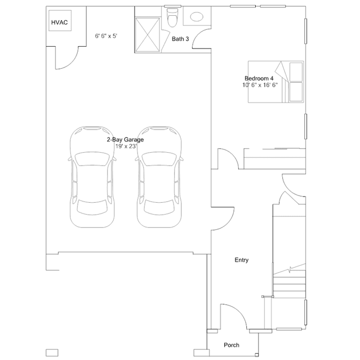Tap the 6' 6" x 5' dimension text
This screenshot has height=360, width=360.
[x=105, y=35]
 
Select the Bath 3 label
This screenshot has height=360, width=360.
[x=180, y=39]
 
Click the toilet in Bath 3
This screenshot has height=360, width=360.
[x=173, y=18]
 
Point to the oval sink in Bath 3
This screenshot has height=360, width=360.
[x=197, y=17]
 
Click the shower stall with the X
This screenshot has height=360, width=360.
[x=148, y=34]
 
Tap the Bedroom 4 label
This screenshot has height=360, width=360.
[x=259, y=78]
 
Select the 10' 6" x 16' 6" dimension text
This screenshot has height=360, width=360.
[x=260, y=85]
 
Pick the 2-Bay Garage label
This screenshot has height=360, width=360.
[x=125, y=139]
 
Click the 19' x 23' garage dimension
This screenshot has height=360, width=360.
[x=126, y=146]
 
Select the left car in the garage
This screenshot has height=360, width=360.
[x=93, y=176]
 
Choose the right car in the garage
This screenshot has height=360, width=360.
[x=159, y=176]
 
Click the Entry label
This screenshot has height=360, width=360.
[x=241, y=260]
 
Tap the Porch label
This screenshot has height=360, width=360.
[x=231, y=345]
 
